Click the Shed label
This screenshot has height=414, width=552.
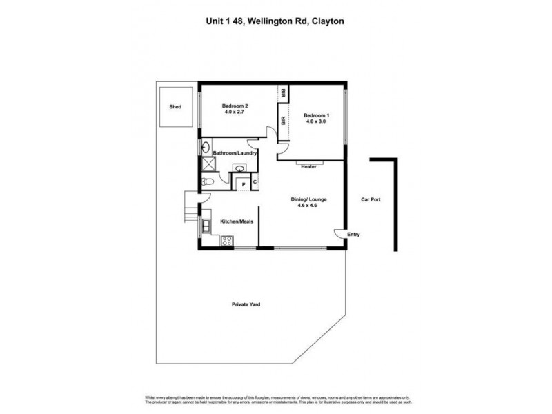click(x=176, y=108)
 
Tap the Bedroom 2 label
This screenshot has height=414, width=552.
click(x=235, y=106)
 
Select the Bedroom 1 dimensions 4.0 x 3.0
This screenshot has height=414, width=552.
click(x=315, y=121)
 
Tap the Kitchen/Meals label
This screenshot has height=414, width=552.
click(x=235, y=222)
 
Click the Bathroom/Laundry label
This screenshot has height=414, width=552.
click(x=235, y=153)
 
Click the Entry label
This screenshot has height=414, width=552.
click(x=354, y=234)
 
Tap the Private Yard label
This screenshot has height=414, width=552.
click(x=246, y=304)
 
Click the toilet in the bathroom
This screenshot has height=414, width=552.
click(x=208, y=181)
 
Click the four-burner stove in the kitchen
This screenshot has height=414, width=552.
click(x=226, y=241)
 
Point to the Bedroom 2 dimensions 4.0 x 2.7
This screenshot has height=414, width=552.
click(x=235, y=114)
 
